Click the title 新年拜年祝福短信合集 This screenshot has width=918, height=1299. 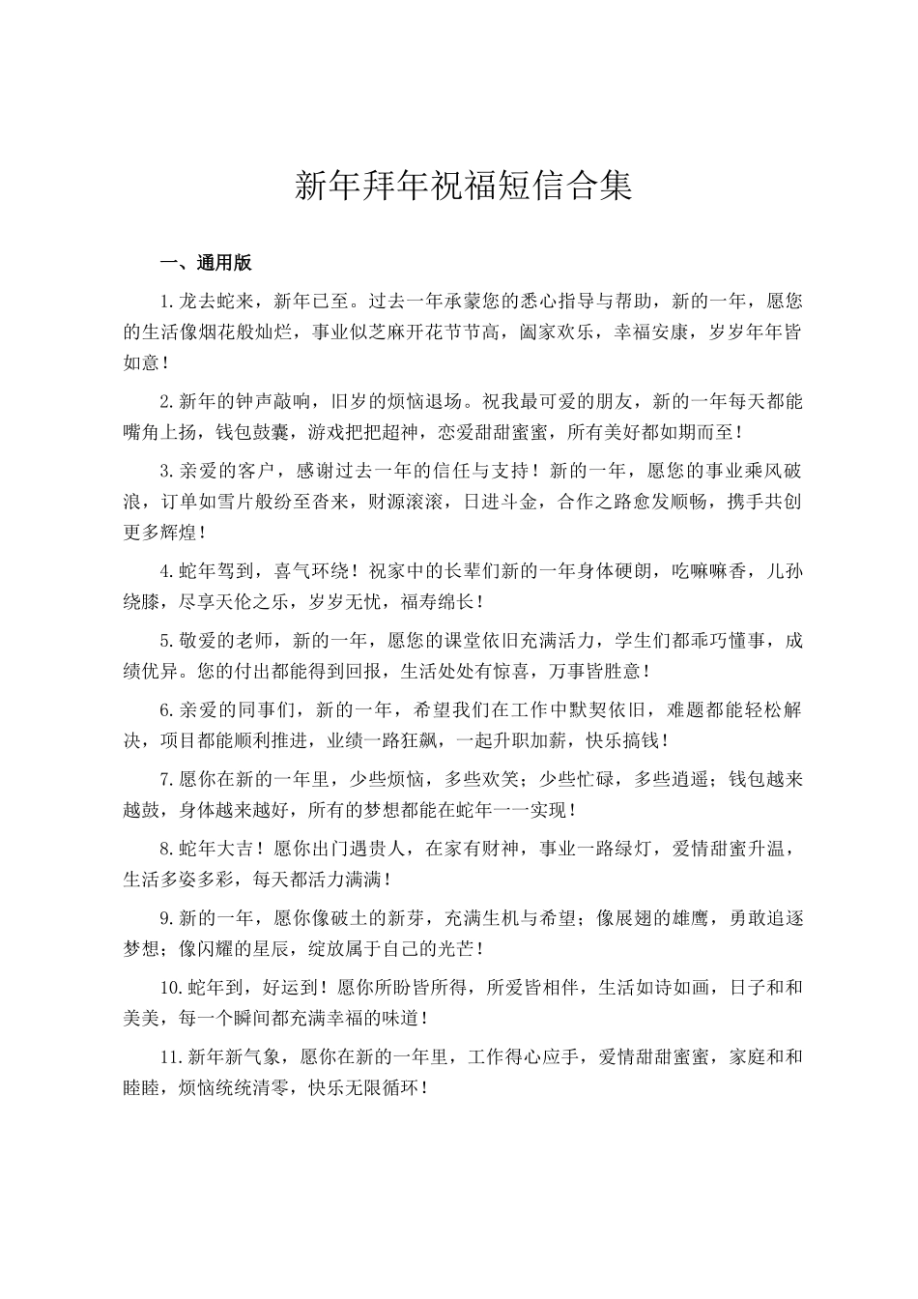pyautogui.click(x=462, y=186)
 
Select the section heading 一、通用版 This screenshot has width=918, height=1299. pyautogui.click(x=206, y=263)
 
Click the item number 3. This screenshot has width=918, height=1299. pyautogui.click(x=165, y=471)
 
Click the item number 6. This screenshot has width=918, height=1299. pyautogui.click(x=165, y=709)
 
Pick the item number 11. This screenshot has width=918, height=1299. pyautogui.click(x=170, y=1056)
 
